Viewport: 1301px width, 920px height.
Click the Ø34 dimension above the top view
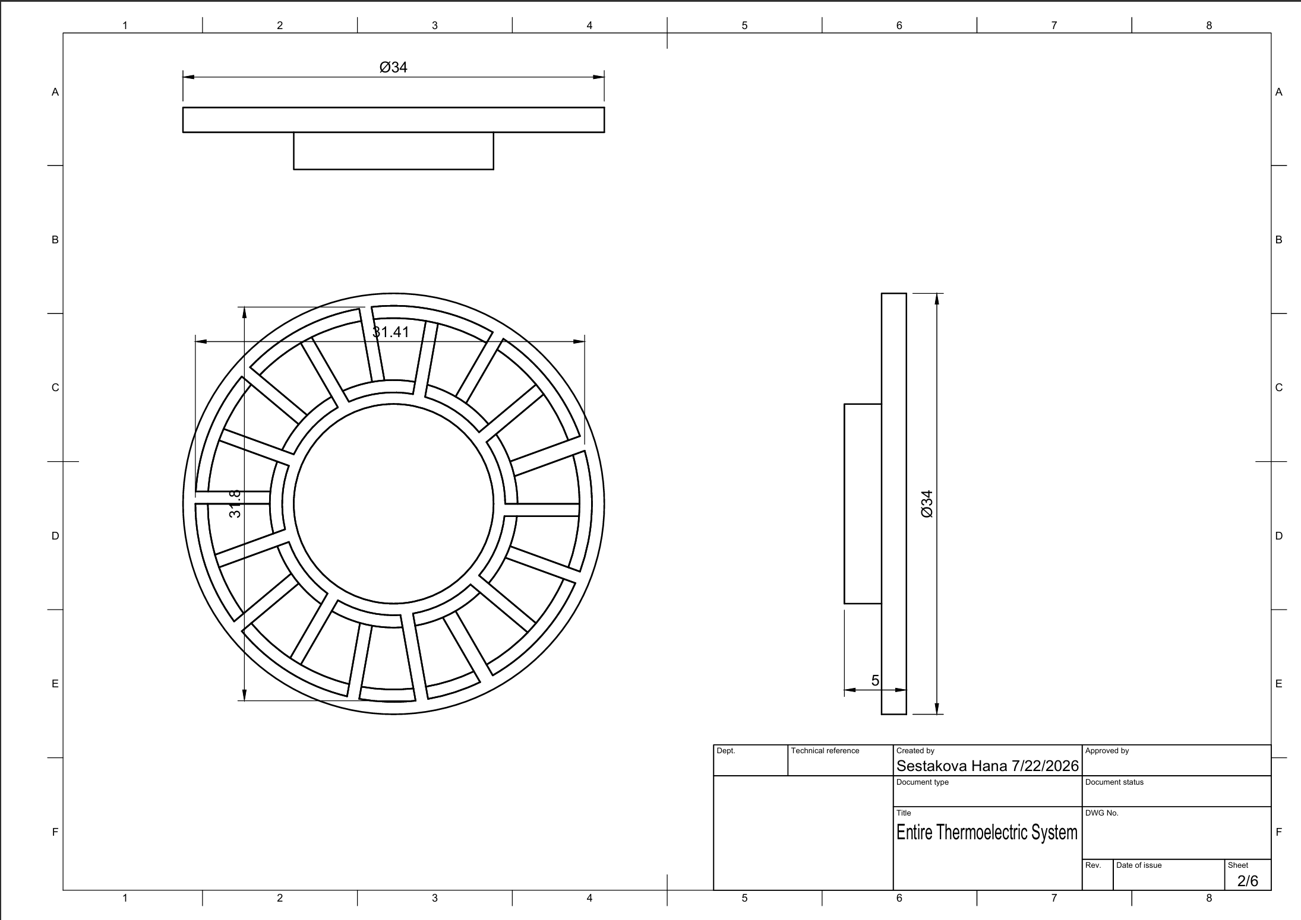click(393, 68)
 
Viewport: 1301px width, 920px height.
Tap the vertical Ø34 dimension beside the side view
click(927, 504)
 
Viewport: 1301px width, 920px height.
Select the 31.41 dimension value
click(391, 332)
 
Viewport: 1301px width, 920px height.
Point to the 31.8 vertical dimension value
click(235, 503)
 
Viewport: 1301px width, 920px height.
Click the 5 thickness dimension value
click(875, 681)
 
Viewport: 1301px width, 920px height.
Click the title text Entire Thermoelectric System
click(987, 832)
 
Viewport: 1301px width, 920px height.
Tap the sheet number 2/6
click(1248, 881)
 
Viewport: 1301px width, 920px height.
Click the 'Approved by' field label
click(1107, 751)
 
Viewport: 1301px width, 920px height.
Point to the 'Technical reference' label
click(825, 751)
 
